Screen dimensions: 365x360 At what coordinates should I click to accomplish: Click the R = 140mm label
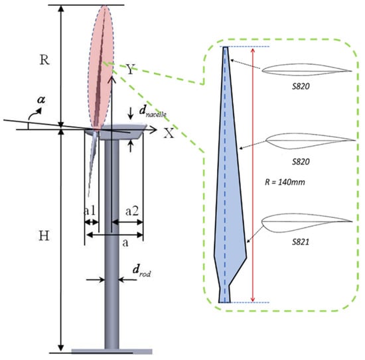click(285, 182)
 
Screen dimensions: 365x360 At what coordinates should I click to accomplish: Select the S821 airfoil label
click(301, 242)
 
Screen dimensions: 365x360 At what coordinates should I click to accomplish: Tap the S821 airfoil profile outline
click(307, 223)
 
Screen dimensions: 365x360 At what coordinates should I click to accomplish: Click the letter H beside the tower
click(44, 236)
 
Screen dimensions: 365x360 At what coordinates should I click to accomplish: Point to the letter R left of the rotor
click(44, 60)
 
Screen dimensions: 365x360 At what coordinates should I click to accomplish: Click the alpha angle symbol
click(41, 99)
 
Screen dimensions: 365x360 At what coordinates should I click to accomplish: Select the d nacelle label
click(153, 111)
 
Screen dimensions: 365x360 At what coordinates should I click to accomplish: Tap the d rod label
click(142, 271)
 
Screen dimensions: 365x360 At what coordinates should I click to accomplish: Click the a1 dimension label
click(90, 211)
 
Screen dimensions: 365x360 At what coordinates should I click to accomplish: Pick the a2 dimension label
click(132, 211)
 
